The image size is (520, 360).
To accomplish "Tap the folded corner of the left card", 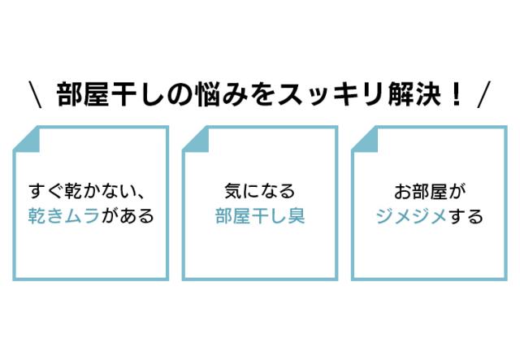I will point(24,137).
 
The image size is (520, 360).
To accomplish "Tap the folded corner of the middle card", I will point(194,137).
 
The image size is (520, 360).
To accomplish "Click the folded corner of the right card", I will point(363,137).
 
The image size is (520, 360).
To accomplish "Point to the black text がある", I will point(127,217).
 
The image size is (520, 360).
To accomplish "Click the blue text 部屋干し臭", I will point(259,217).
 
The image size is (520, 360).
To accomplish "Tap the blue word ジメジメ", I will point(411,217).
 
